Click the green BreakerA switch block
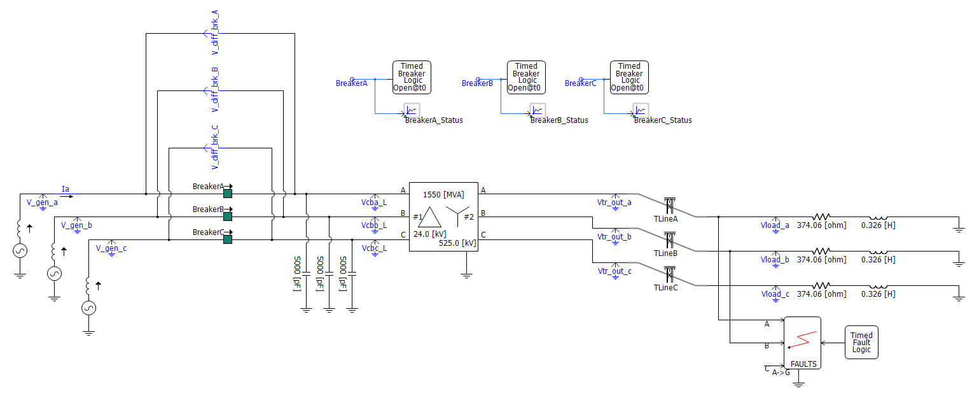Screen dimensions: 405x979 click(x=227, y=194)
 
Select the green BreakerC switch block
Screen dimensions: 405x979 click(x=227, y=239)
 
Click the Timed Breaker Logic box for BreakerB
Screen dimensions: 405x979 click(x=526, y=77)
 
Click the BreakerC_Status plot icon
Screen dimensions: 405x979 click(x=640, y=110)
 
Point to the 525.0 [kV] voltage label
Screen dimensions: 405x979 click(x=457, y=243)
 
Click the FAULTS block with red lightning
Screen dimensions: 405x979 click(x=802, y=343)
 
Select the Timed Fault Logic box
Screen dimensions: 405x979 click(x=861, y=343)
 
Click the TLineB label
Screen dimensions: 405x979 click(x=666, y=253)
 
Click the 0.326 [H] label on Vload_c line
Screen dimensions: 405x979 click(x=878, y=294)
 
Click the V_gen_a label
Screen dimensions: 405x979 click(x=43, y=202)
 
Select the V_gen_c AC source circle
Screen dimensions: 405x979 click(x=88, y=308)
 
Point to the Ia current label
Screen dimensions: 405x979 click(x=65, y=188)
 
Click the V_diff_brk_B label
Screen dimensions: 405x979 click(x=215, y=89)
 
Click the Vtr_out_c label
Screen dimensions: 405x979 click(x=614, y=271)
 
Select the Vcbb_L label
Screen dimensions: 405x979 click(x=374, y=225)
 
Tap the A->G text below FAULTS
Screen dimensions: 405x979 click(x=781, y=373)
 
